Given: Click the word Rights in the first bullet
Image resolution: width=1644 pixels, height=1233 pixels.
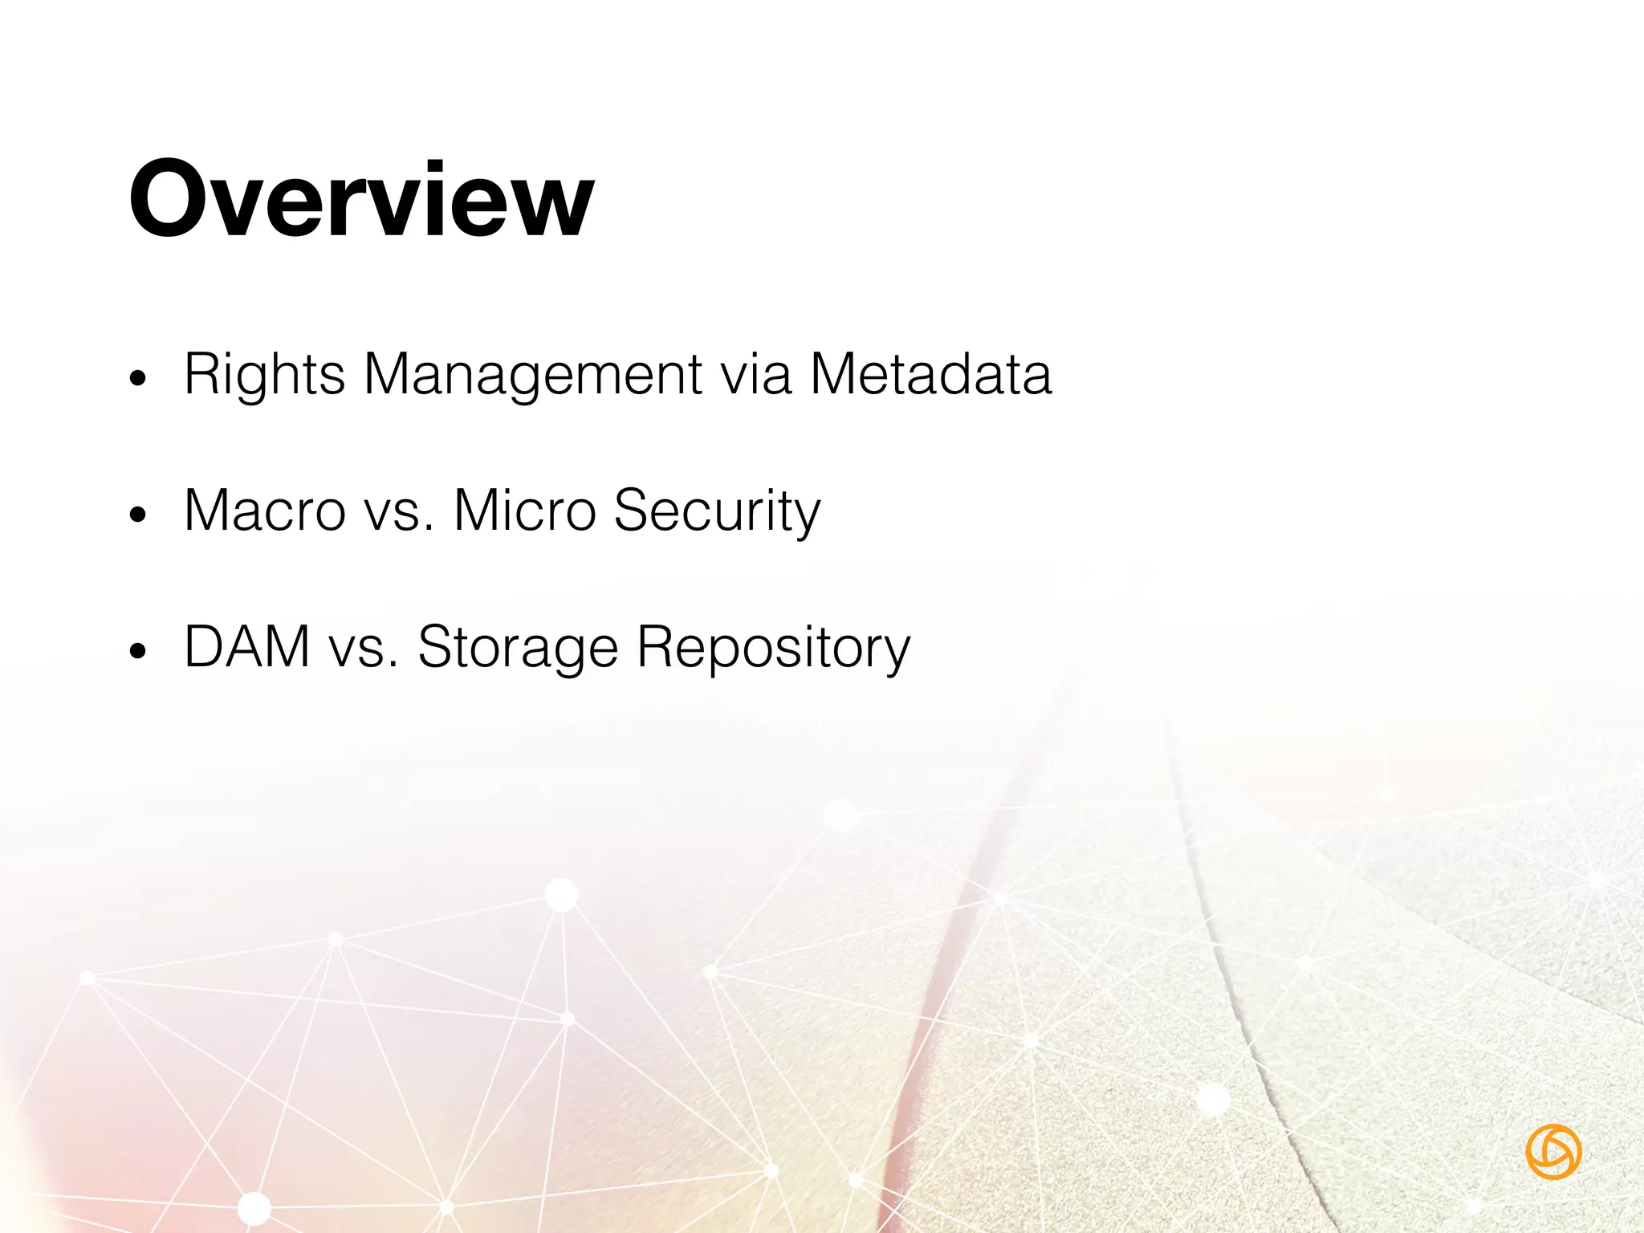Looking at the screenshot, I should (264, 374).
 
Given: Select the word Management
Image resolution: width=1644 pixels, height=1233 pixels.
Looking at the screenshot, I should (533, 374).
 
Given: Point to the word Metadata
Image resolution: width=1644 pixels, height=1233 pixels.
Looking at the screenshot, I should (930, 374).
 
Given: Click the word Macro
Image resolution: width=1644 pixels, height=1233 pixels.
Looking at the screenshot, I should (264, 511).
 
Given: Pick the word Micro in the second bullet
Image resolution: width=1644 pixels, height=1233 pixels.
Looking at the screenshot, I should (524, 511).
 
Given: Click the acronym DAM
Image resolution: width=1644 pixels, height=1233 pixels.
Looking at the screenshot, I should (247, 647).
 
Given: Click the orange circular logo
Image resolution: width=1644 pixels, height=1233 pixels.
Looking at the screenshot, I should (1553, 1152).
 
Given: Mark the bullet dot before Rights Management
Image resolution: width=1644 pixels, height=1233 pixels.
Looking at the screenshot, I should (139, 378).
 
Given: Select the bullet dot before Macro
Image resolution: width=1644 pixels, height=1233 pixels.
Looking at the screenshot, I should (139, 515).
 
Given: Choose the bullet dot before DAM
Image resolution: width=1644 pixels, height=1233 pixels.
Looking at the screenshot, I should (139, 651).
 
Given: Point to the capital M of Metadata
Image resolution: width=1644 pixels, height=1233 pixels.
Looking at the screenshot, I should (835, 374).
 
